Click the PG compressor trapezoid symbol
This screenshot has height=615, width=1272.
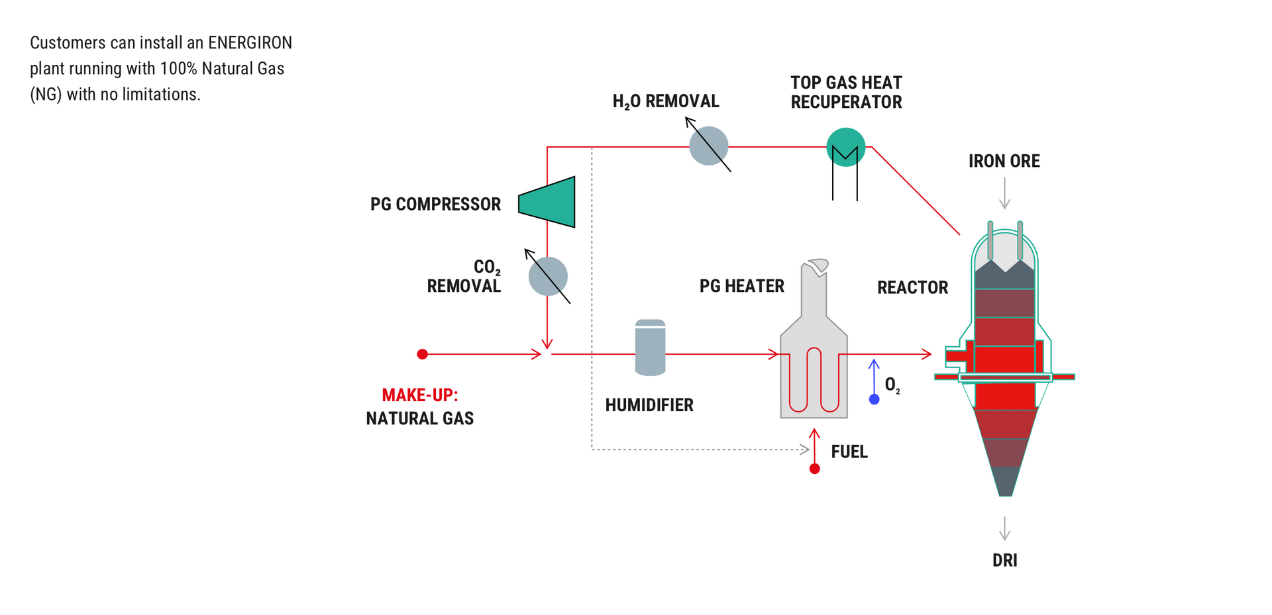pos(548,202)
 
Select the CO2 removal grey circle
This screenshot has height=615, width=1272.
pos(548,277)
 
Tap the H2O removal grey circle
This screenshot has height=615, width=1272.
pos(708,146)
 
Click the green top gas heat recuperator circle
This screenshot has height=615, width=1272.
pos(845,147)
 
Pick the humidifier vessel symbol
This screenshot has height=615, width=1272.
pos(650,348)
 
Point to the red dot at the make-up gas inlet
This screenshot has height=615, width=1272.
pos(422,354)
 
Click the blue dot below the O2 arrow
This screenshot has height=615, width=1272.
pos(874,399)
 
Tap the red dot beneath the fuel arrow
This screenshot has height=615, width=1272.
pos(815,469)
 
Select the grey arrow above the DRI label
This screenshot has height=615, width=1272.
pos(1004,529)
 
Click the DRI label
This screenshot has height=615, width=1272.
pos(1004,560)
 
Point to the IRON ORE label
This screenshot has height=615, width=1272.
pos(1004,161)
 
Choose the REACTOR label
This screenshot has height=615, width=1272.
pos(912,287)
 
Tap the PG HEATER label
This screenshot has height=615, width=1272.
pos(741,286)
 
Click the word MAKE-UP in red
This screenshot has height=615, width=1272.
pos(419,395)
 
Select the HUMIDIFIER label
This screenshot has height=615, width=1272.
pos(649,405)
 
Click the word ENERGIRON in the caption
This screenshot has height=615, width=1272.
pos(250,43)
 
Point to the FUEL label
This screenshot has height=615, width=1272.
pos(849,451)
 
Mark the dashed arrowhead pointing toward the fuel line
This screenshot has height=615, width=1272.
pos(805,449)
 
